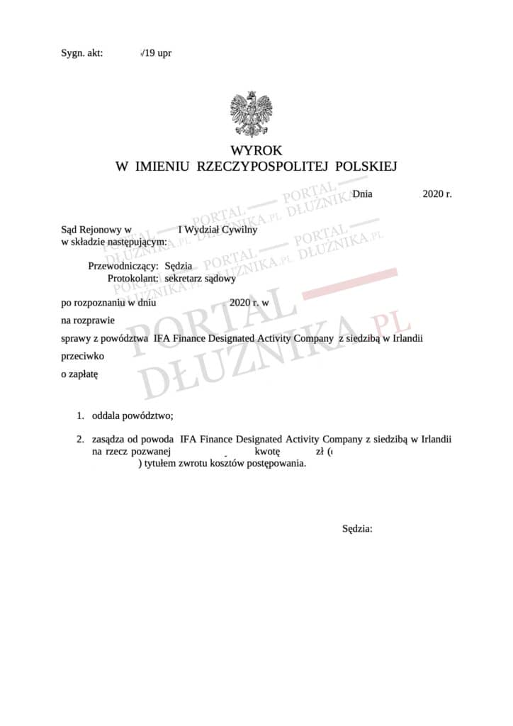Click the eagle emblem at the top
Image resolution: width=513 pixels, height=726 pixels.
point(251,114)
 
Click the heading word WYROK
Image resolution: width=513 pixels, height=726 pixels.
point(256,150)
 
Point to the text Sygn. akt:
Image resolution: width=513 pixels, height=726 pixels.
point(81,52)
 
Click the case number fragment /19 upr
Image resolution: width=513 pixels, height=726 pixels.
point(157,52)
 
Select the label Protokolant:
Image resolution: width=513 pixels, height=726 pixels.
point(133,279)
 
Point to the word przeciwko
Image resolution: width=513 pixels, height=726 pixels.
point(83,357)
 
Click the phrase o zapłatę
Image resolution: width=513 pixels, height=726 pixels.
point(79,374)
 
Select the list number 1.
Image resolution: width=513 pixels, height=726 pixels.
point(81,415)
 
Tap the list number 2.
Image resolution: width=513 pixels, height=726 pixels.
point(81,439)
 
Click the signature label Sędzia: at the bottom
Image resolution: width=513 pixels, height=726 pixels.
point(357,528)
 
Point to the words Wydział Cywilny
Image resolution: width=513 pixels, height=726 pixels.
point(220,229)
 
